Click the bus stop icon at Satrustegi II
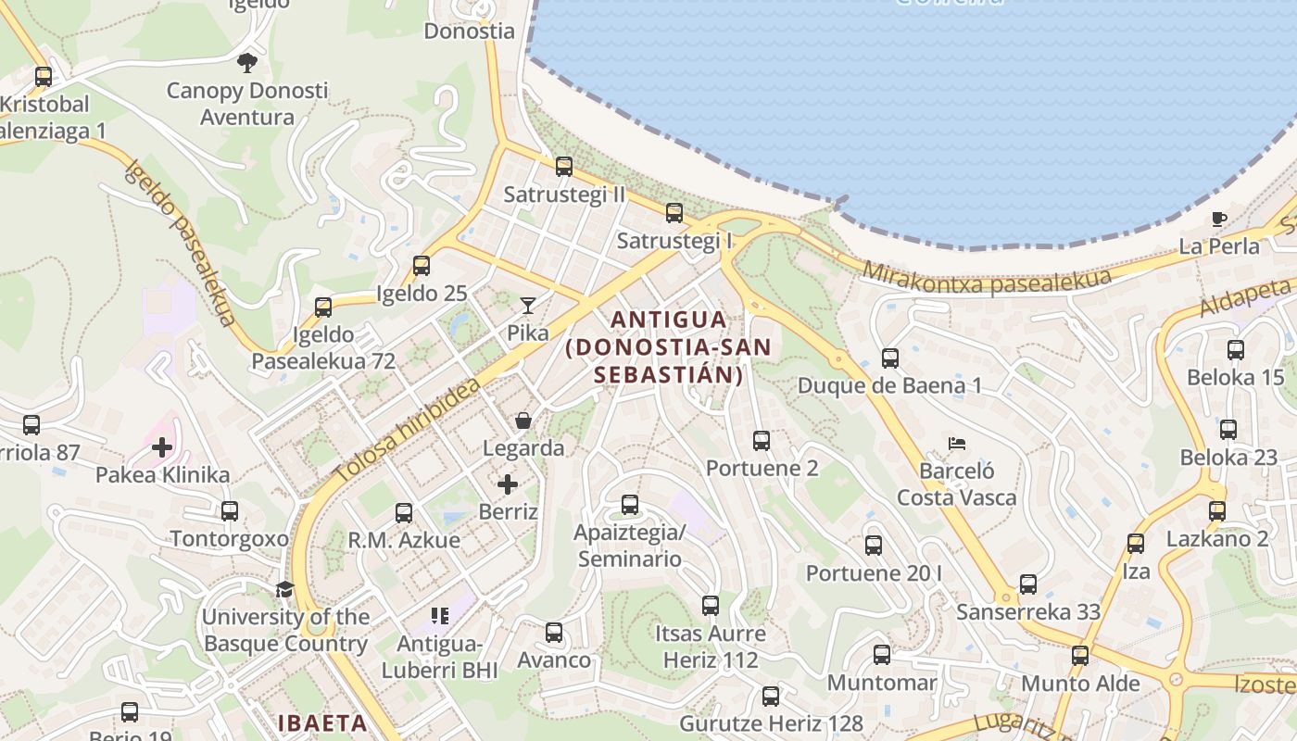[564, 167]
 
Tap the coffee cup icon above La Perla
[1219, 220]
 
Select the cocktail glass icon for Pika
[528, 305]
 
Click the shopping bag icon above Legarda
[523, 421]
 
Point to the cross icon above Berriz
[508, 484]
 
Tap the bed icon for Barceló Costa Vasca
[957, 443]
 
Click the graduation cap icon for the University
[284, 589]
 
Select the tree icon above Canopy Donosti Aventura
[246, 63]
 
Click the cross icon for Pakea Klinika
[162, 447]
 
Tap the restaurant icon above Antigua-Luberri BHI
[440, 615]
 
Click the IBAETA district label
[322, 722]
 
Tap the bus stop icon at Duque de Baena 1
[890, 358]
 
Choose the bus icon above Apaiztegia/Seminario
[630, 505]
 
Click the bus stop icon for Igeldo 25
[422, 266]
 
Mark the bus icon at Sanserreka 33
[1028, 584]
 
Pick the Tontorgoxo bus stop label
[230, 538]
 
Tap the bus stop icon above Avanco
[554, 633]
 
